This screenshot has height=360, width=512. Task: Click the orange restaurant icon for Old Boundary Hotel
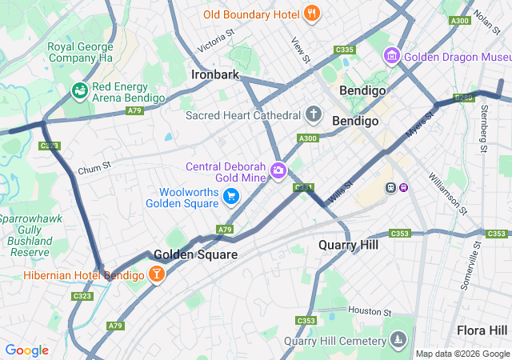tap(312, 14)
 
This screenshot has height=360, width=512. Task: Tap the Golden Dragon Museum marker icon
tap(391, 57)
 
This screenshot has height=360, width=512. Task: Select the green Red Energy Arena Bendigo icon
tap(79, 91)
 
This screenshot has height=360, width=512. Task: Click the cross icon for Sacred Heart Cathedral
tap(314, 114)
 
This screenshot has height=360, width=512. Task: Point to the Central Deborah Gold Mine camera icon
tap(278, 170)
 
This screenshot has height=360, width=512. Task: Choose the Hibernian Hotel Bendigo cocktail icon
tap(156, 275)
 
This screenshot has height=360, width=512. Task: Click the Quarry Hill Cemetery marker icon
tap(398, 342)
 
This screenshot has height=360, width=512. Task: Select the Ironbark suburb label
tap(215, 74)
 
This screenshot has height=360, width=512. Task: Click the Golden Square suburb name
tap(195, 254)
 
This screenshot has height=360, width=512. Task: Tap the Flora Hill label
tap(482, 330)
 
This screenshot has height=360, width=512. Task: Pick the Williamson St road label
tap(447, 194)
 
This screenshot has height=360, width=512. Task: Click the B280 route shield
tap(464, 98)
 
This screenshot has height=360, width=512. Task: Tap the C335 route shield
tap(344, 50)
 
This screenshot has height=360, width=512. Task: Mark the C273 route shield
tap(50, 146)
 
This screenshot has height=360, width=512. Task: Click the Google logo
tap(26, 350)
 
